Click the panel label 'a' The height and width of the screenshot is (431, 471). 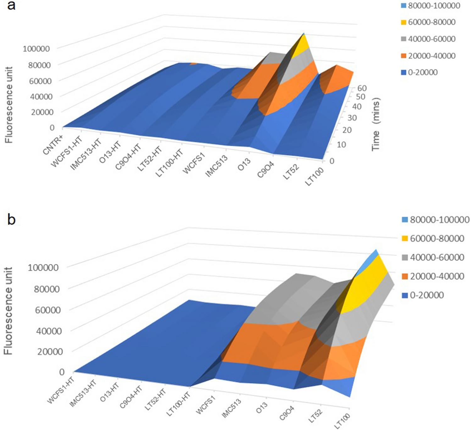11,5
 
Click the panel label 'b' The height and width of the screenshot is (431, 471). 11,219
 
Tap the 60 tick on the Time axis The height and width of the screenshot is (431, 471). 362,88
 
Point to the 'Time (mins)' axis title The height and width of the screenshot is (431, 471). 376,124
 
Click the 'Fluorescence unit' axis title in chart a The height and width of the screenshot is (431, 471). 9,105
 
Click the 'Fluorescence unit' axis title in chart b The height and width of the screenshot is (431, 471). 8,311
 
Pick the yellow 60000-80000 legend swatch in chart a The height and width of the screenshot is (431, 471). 404,22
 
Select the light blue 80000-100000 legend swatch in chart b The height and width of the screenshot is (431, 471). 405,220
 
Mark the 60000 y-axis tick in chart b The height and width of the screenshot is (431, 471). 47,310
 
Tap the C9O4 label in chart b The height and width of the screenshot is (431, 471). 287,413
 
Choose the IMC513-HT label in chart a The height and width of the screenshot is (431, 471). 86,154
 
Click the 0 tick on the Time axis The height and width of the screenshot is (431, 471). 332,161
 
